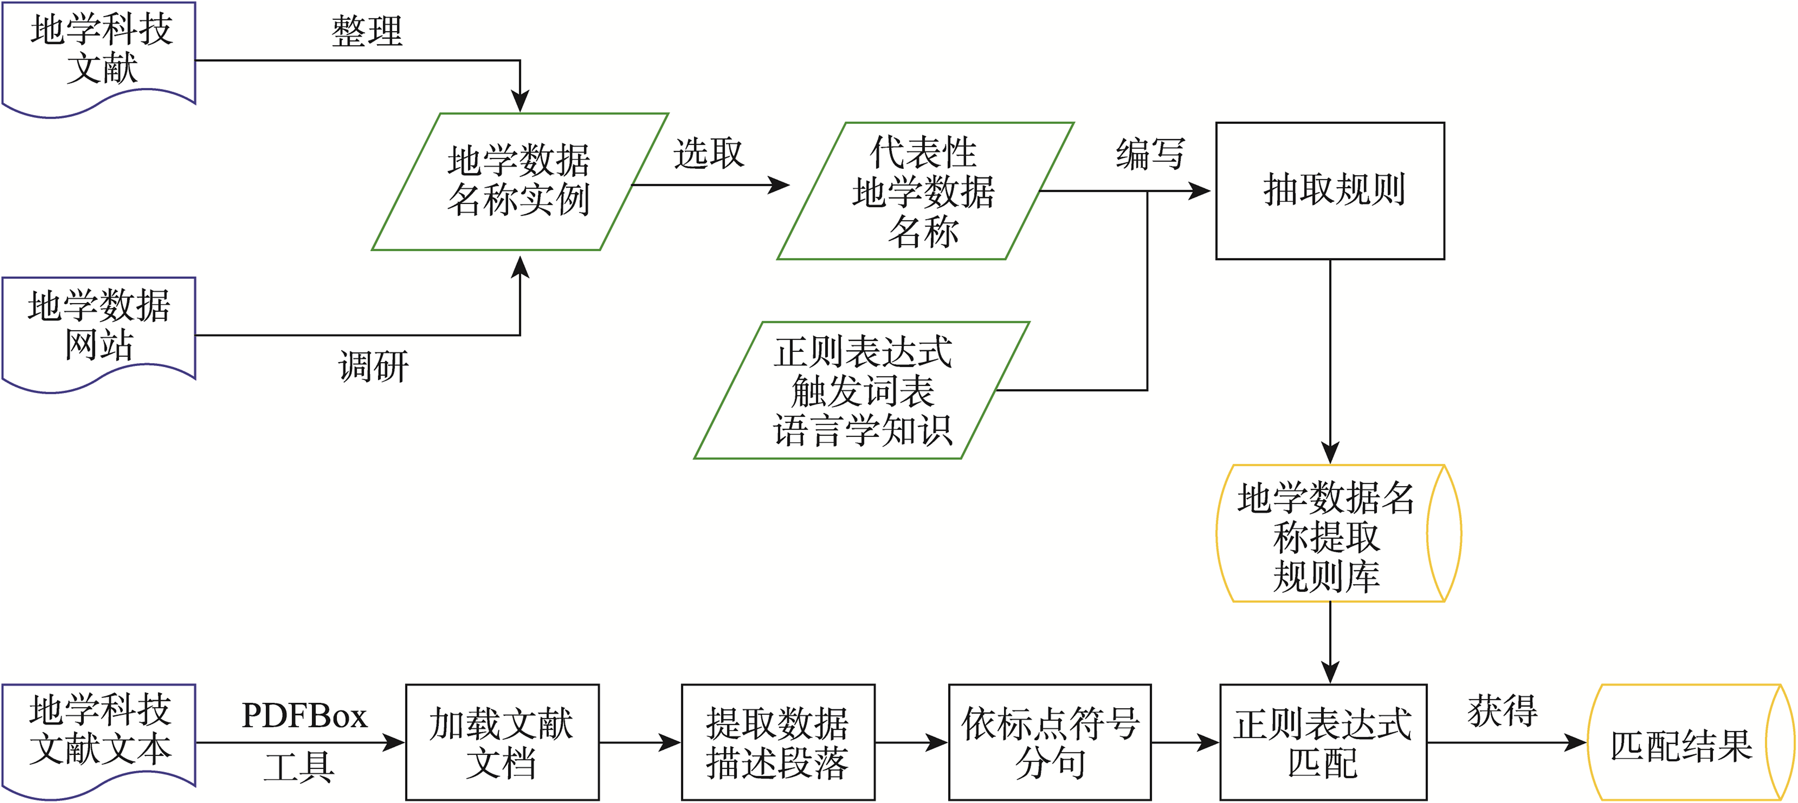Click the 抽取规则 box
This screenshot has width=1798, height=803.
[1330, 191]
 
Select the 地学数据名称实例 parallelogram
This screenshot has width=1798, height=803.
[520, 182]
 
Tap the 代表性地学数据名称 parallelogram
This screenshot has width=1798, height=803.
[924, 191]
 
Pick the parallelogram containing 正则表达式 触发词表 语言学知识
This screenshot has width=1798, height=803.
[861, 391]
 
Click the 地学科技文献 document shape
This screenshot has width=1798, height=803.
[99, 52]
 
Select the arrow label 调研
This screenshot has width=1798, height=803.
[373, 367]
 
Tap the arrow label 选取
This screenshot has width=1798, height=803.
[708, 154]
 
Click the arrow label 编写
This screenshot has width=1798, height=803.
[1150, 154]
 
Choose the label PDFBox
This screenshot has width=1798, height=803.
[304, 716]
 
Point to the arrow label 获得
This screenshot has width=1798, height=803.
[1502, 712]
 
